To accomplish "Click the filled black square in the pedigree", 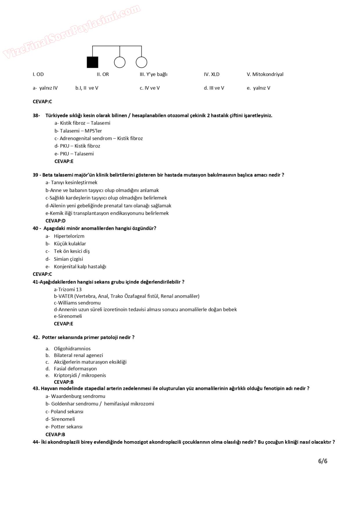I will [x=93, y=62].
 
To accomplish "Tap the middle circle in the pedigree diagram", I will [x=120, y=62].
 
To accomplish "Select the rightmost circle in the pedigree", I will [x=141, y=62].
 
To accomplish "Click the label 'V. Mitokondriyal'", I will [x=265, y=74].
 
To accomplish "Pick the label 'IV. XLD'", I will [x=211, y=74].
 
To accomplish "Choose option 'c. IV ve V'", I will [x=150, y=88].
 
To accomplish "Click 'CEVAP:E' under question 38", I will [x=64, y=161].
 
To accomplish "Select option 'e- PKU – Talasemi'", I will [x=74, y=154].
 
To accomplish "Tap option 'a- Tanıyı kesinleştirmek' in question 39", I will [x=71, y=183].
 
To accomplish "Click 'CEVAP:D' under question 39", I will [x=55, y=221].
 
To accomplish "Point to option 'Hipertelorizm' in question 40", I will [x=69, y=236].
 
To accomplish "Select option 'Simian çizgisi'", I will [x=68, y=259].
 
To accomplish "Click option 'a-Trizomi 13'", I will [x=68, y=289].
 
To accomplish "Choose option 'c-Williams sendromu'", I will [x=77, y=303].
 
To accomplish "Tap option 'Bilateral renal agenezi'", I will [x=78, y=355].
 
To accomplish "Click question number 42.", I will [x=36, y=337].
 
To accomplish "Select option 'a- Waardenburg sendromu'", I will [x=75, y=396].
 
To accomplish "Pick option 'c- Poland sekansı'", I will [x=64, y=411].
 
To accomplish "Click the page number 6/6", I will [x=323, y=461].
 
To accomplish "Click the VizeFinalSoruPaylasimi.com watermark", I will [x=71, y=32].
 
